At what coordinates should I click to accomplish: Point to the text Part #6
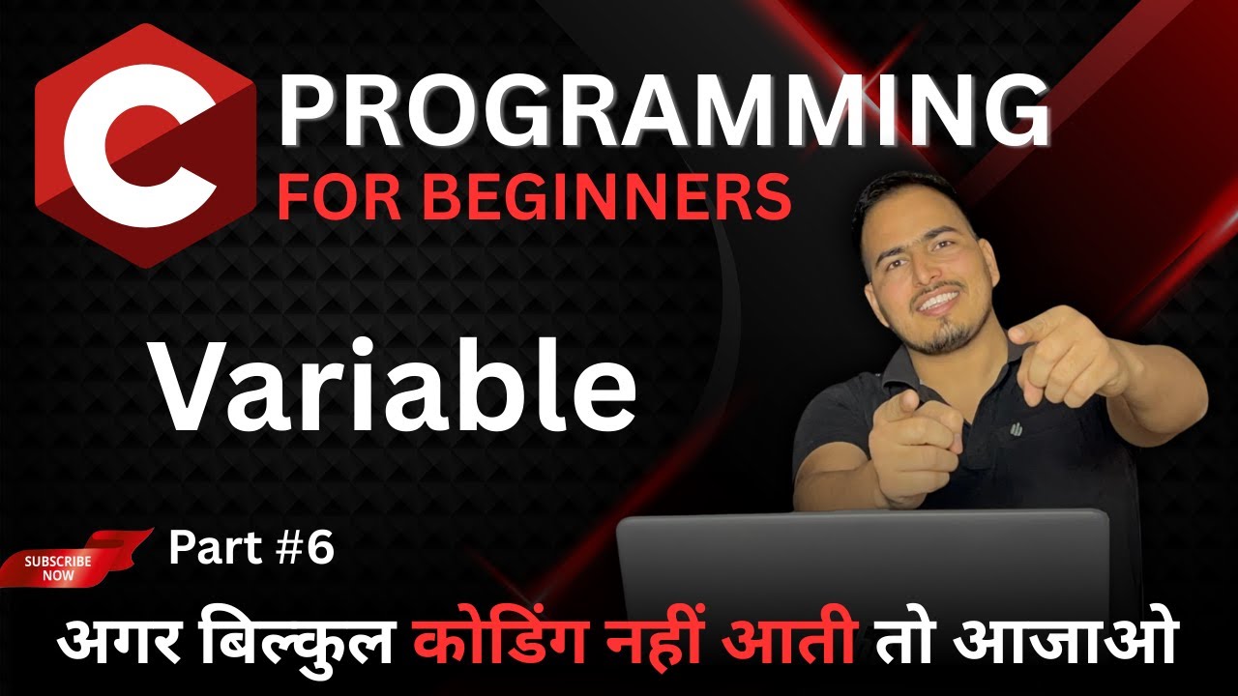(x=251, y=549)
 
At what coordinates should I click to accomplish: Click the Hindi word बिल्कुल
(x=314, y=642)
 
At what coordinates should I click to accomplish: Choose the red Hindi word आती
(x=798, y=642)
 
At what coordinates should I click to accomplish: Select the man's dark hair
(x=909, y=198)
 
